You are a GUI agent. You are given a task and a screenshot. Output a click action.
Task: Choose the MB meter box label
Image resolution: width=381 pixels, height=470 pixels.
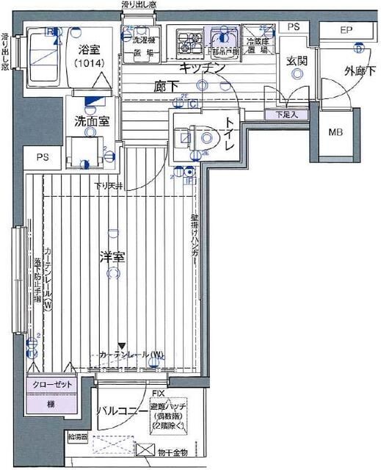click(335, 133)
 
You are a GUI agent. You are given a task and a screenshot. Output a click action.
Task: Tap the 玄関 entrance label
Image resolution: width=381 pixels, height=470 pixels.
click(297, 59)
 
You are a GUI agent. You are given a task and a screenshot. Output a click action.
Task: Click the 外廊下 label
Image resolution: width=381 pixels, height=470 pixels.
click(359, 71)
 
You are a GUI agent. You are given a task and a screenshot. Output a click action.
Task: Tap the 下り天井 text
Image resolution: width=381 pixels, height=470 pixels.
click(109, 185)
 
